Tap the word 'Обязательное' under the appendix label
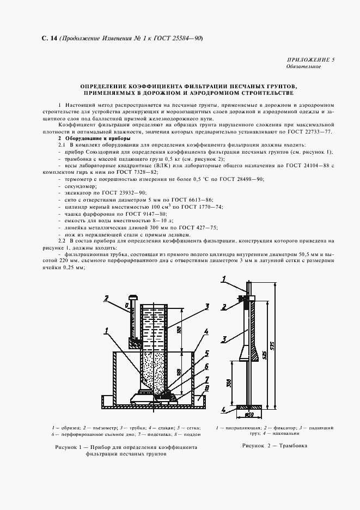click(x=303, y=66)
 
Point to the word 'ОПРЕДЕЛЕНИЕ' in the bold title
click(x=106, y=87)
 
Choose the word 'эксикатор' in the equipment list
click(x=77, y=193)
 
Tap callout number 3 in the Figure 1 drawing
click(x=208, y=306)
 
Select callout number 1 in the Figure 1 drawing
click(x=107, y=329)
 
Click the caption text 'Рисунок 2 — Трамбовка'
click(x=274, y=445)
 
